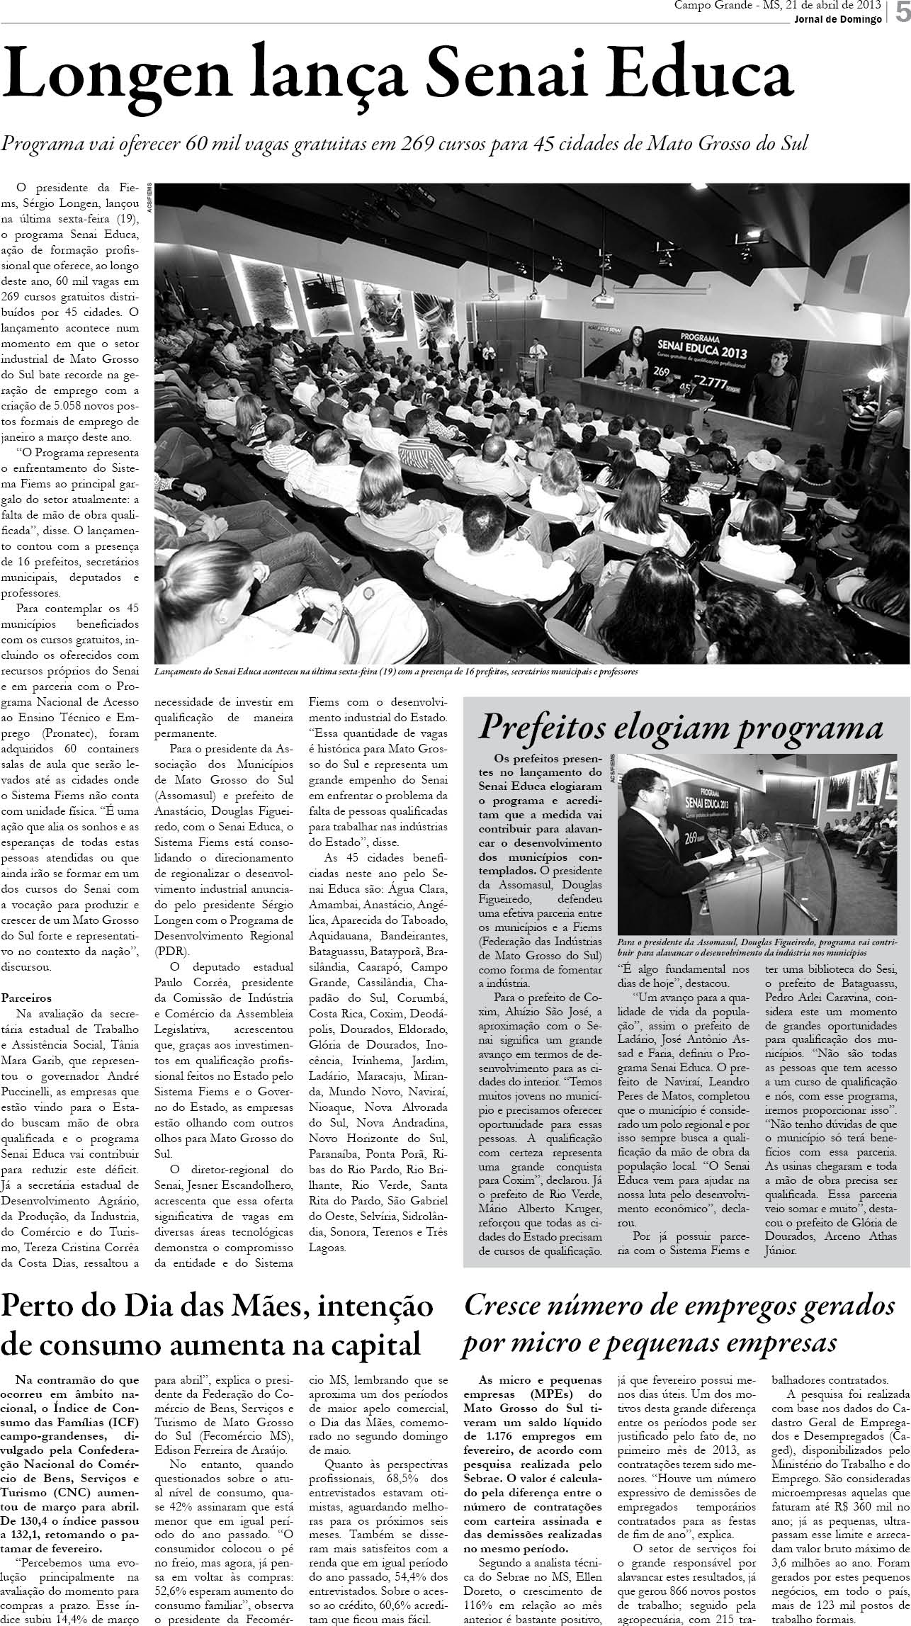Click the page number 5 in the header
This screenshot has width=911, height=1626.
click(x=901, y=13)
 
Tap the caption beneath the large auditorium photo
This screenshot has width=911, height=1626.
click(x=396, y=671)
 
